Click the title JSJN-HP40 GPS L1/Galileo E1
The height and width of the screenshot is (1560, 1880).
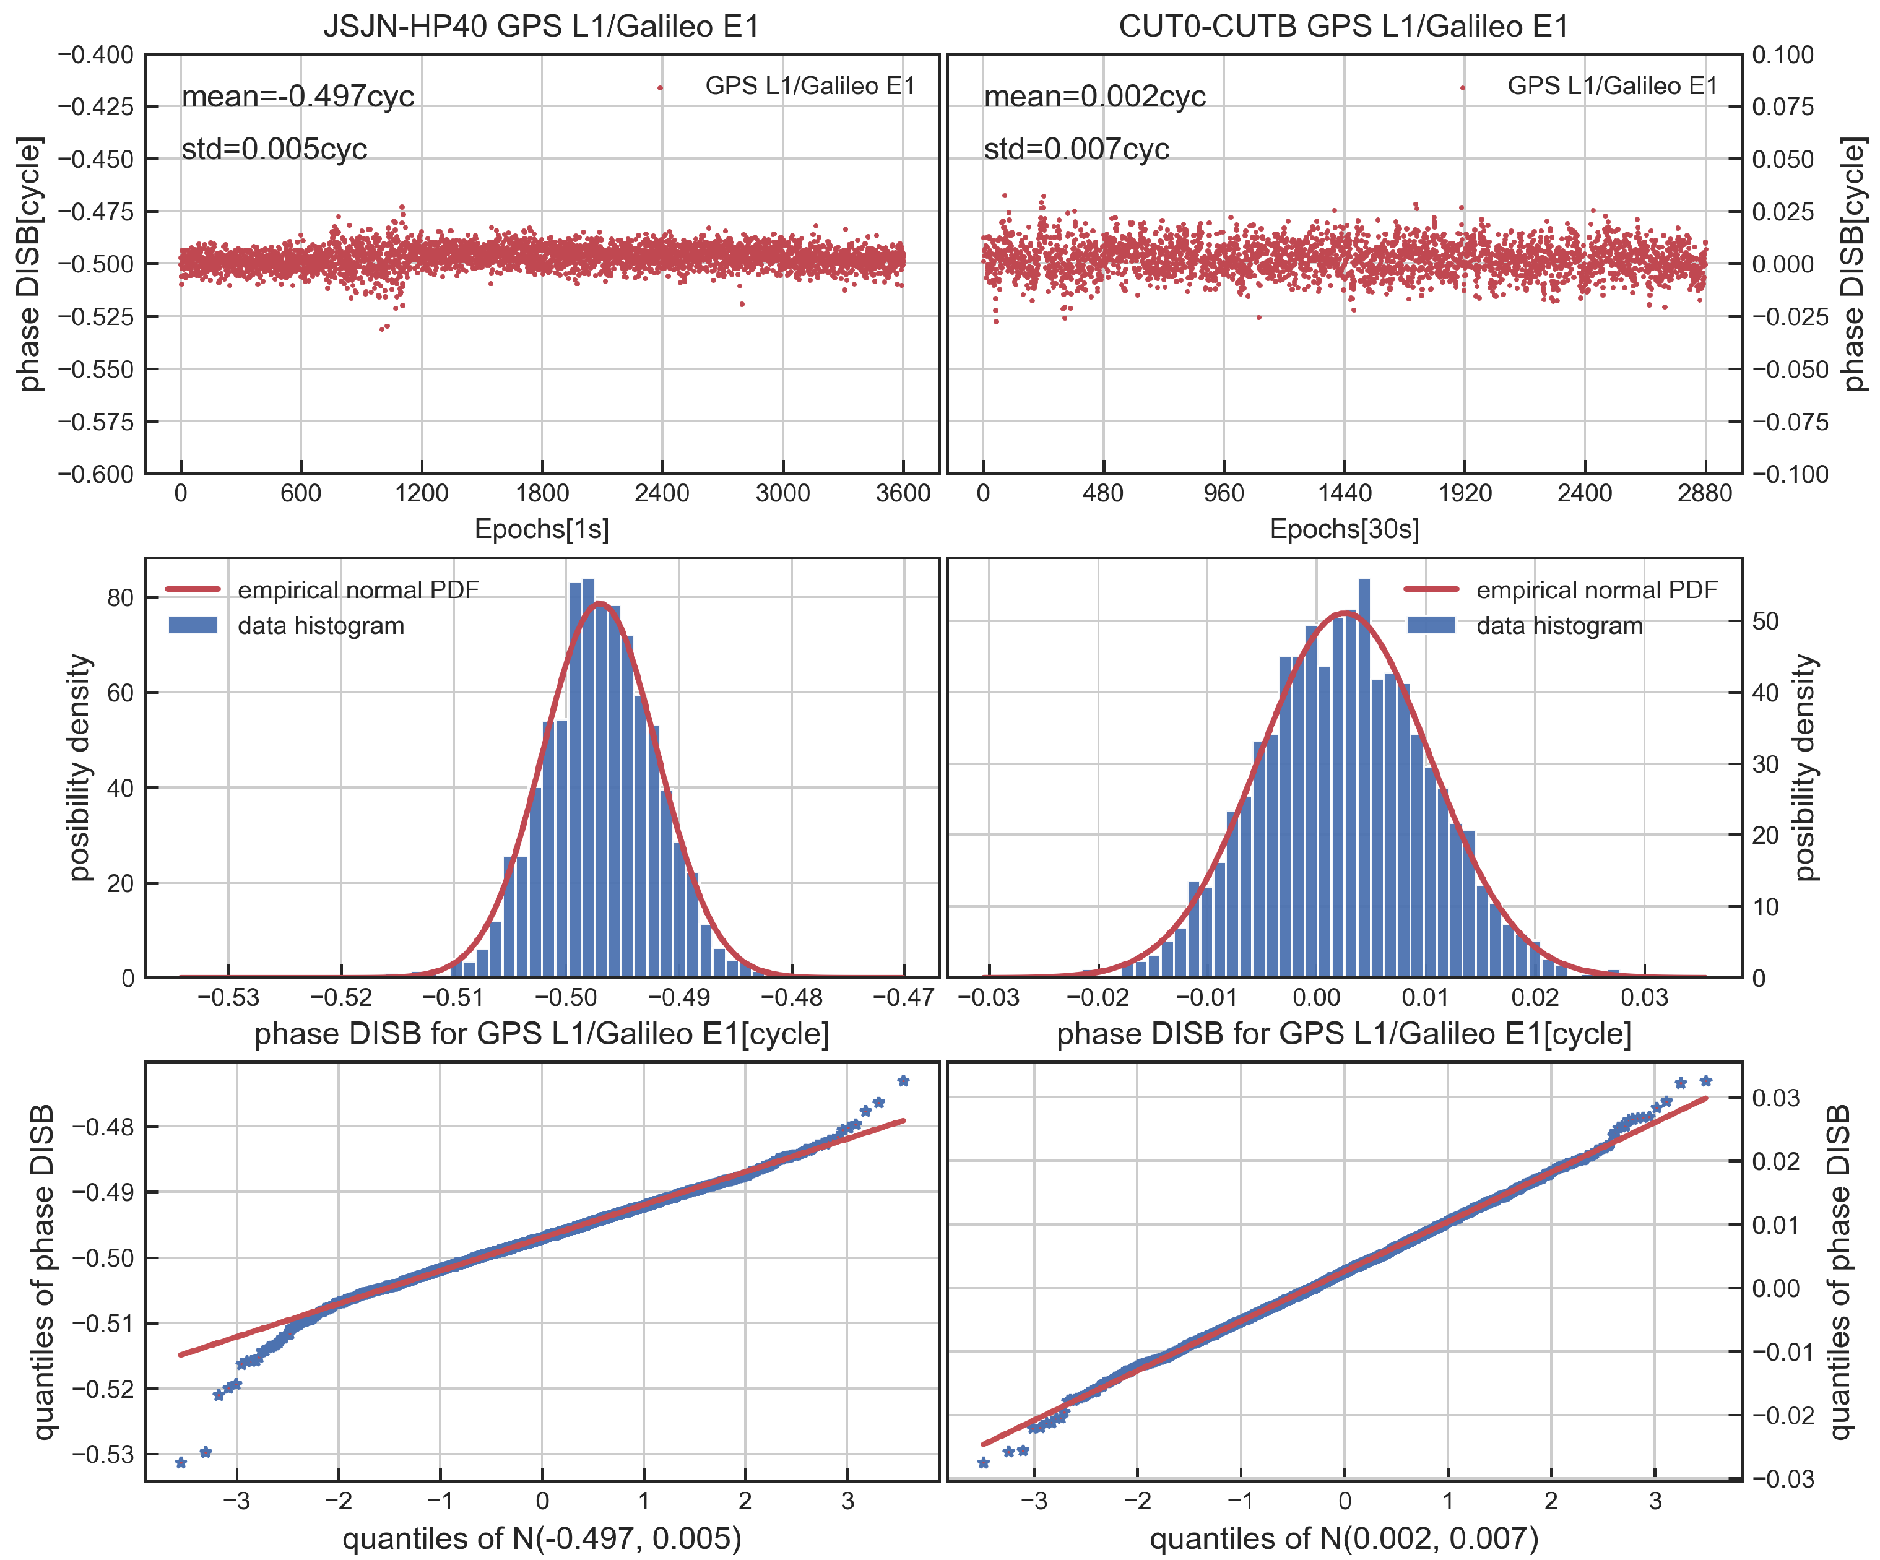(540, 26)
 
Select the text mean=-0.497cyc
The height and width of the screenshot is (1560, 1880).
(297, 96)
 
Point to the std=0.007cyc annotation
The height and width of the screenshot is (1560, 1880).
(1076, 149)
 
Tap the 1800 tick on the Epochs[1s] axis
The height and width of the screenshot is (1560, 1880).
(542, 493)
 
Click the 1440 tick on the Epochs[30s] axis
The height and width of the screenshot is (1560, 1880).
(1344, 493)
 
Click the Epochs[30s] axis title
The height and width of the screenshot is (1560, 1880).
(1344, 529)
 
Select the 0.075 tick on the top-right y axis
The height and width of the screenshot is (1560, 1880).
(1782, 106)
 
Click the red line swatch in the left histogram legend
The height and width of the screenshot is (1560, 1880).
(193, 589)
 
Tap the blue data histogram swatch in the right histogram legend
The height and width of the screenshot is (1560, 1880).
(1431, 625)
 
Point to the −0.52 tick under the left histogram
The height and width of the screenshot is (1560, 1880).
(341, 997)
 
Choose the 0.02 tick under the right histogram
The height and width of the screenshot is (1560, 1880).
(1535, 997)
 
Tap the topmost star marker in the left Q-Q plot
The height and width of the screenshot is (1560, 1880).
(903, 1080)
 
